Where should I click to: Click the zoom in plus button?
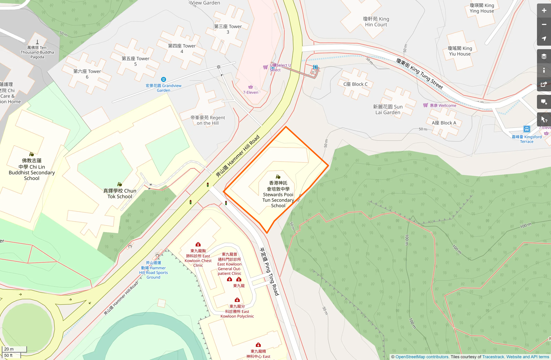click(x=544, y=11)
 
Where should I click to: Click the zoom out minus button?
click(x=544, y=25)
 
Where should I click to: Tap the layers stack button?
click(x=544, y=56)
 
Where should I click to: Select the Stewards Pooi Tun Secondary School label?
click(x=278, y=194)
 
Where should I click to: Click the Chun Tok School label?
click(x=120, y=193)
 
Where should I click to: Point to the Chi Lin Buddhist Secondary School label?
click(x=32, y=169)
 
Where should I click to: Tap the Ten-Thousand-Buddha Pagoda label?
click(x=37, y=52)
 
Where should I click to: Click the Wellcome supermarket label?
click(x=443, y=105)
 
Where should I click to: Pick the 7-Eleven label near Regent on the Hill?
click(x=251, y=92)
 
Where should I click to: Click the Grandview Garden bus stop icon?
click(x=163, y=79)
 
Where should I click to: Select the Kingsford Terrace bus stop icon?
click(x=526, y=129)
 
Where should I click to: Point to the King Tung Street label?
click(x=419, y=73)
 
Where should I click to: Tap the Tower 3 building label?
click(x=228, y=29)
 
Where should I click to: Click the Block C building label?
click(x=355, y=84)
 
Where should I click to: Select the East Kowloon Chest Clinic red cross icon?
click(x=198, y=244)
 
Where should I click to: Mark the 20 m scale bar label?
click(x=9, y=349)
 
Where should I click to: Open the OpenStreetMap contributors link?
click(x=422, y=357)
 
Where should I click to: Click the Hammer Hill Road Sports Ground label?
click(x=153, y=270)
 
